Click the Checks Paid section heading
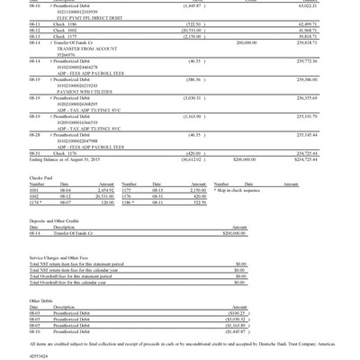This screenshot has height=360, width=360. pos(42,178)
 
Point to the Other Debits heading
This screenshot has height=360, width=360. pos(40,301)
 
